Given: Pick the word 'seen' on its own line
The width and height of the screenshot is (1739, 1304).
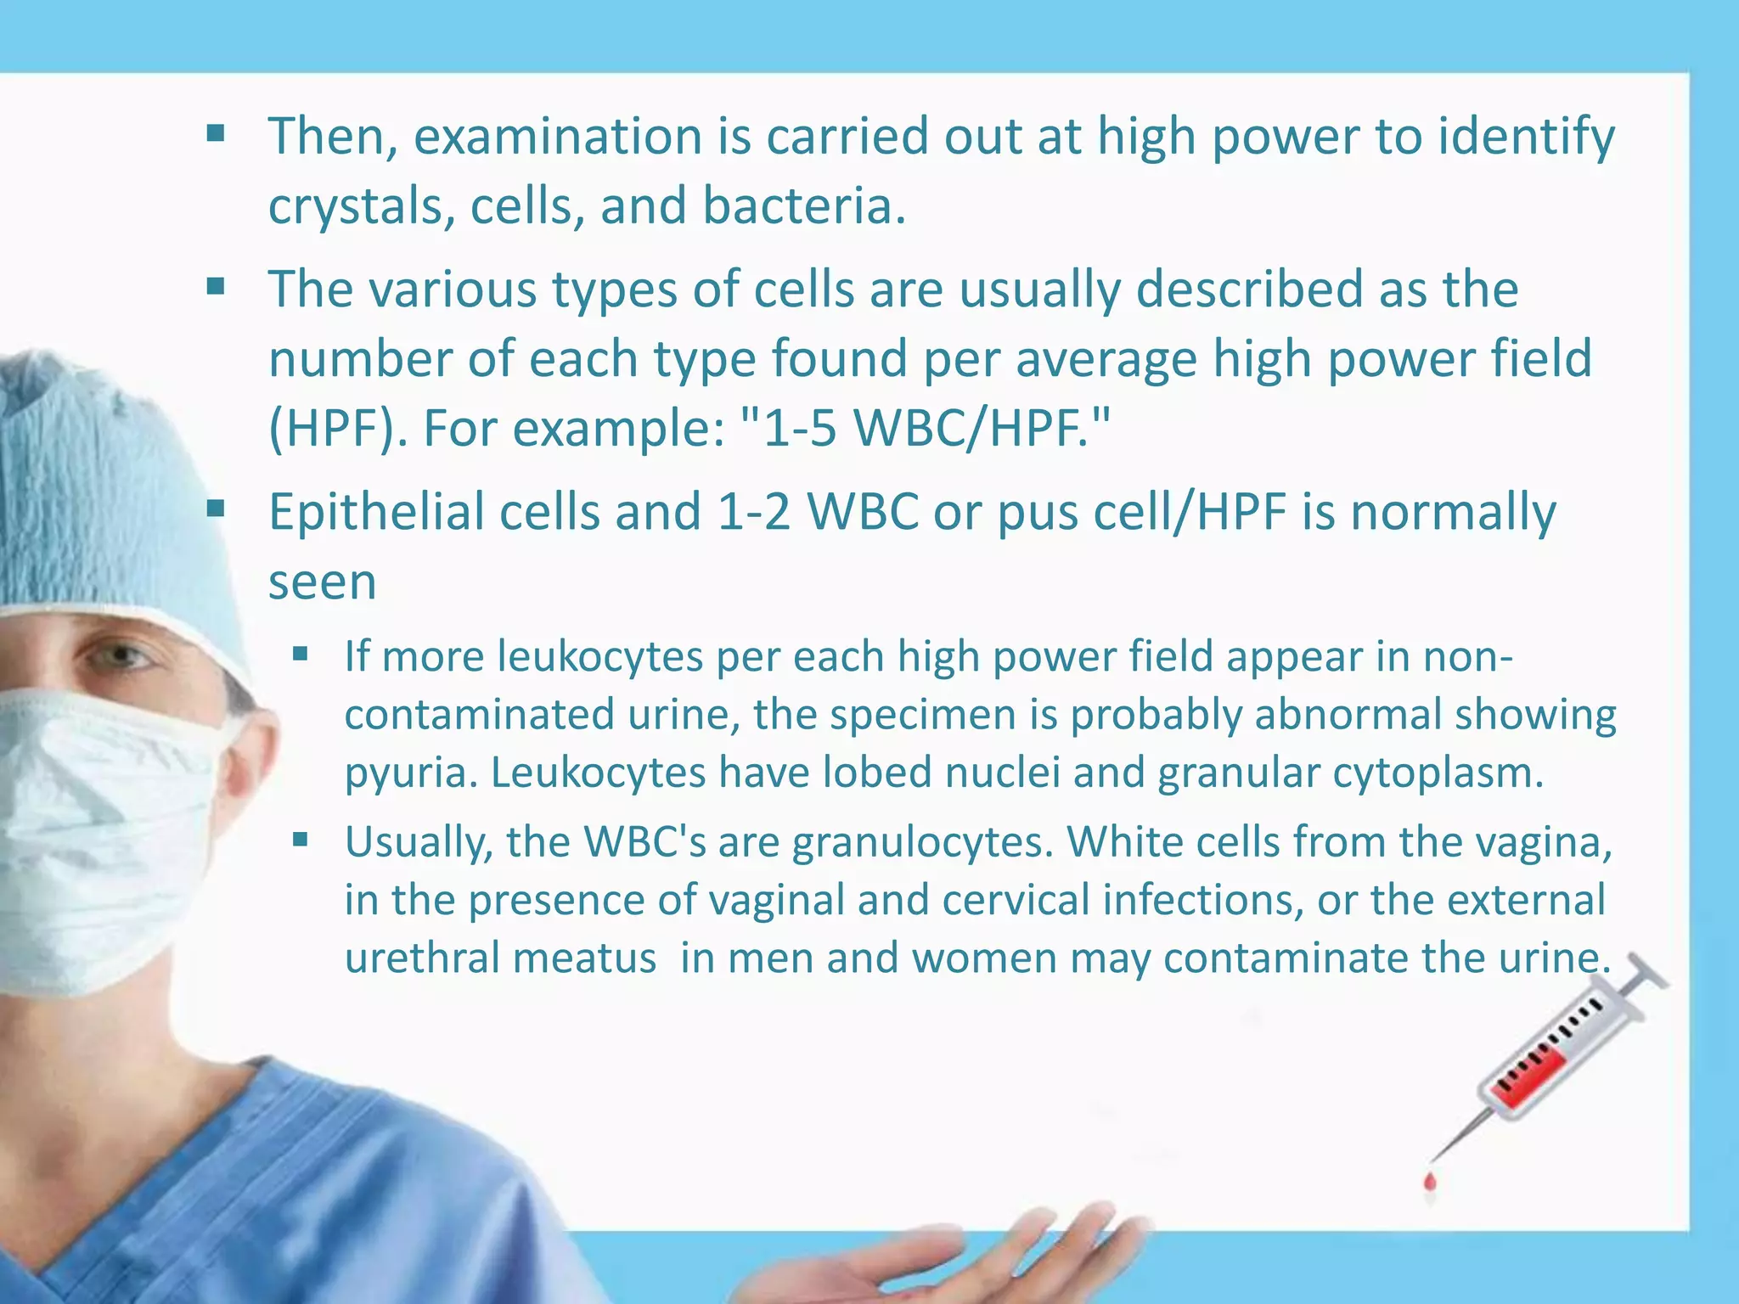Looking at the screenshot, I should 322,582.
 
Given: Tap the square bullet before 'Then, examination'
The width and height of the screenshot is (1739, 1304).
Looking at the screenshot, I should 216,133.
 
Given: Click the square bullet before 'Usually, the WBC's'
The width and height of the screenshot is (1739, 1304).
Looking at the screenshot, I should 300,840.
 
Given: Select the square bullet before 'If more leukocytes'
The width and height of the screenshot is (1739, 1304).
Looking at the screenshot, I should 300,655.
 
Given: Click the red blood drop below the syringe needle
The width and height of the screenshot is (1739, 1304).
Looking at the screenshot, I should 1430,1181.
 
